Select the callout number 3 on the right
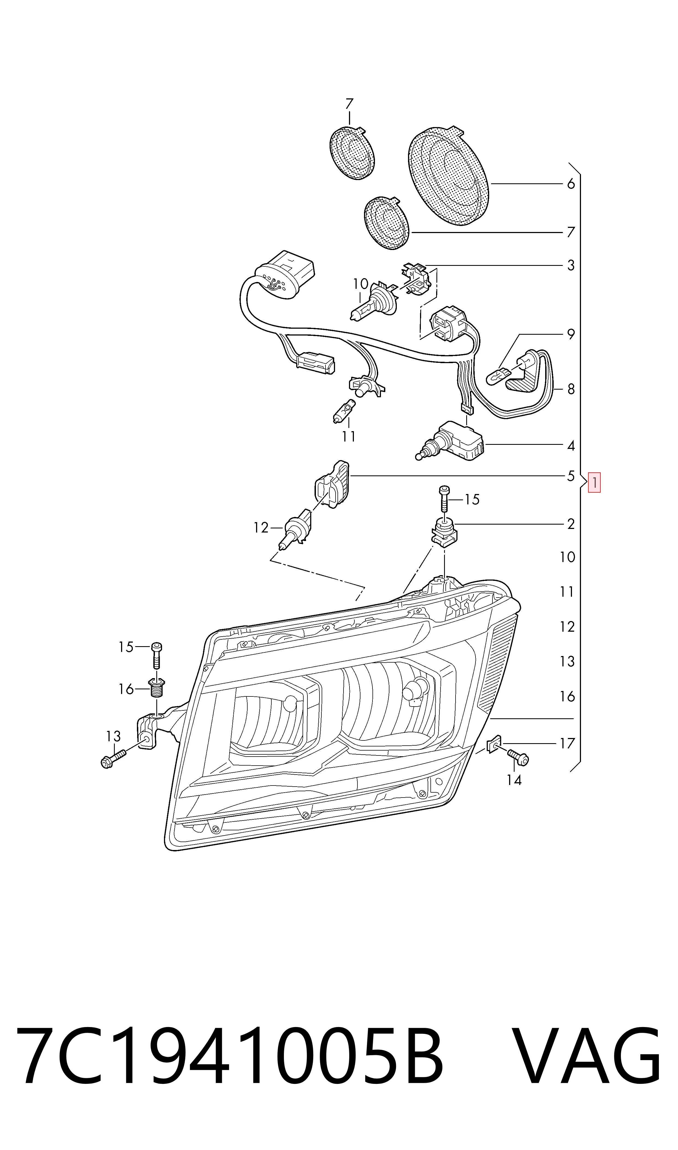[571, 265]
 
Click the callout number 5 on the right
[571, 476]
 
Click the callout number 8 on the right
[571, 389]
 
